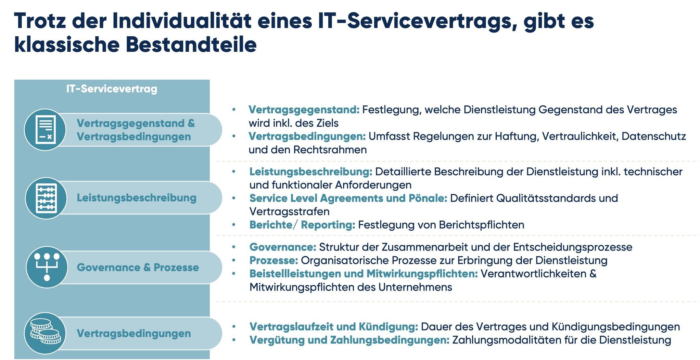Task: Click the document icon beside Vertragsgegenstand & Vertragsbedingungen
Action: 45,129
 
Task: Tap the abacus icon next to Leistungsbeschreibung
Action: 46,198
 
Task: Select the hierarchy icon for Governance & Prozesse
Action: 47,267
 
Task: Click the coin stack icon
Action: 45,333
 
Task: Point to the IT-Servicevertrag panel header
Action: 112,89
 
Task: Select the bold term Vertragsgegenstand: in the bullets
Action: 304,110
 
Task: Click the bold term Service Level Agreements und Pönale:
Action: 348,198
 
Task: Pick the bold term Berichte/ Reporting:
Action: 302,225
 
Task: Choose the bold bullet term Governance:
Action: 282,247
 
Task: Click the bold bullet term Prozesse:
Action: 273,260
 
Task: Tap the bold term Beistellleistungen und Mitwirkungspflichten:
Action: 363,273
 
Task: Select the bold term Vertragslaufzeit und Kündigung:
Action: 333,326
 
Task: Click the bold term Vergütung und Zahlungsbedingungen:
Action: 349,340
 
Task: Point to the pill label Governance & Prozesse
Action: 138,267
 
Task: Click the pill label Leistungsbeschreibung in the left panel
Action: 136,198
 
